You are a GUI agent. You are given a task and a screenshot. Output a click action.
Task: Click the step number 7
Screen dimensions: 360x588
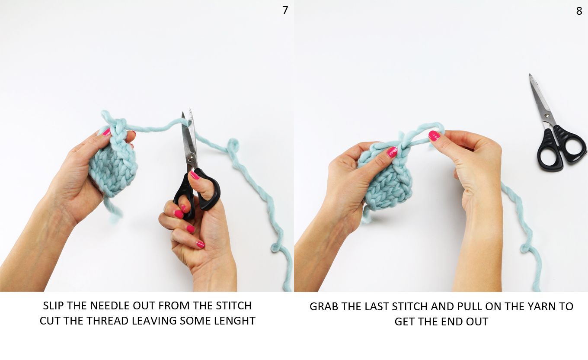point(285,10)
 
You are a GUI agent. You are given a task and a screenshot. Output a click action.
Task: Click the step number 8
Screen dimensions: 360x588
point(579,11)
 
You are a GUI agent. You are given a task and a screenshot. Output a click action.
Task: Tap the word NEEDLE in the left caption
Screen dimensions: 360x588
point(113,305)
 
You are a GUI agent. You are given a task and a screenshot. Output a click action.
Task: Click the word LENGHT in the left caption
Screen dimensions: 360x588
point(234,321)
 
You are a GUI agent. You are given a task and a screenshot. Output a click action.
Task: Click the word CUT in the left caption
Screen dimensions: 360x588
point(49,321)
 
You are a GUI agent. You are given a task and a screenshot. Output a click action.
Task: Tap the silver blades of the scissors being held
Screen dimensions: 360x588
point(189,138)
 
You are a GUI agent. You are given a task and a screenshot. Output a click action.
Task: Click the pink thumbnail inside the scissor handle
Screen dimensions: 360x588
point(195,175)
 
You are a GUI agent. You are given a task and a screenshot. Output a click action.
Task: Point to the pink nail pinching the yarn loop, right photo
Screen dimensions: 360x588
point(434,135)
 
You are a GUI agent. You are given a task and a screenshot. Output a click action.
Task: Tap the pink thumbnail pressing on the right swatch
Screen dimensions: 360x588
point(392,152)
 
